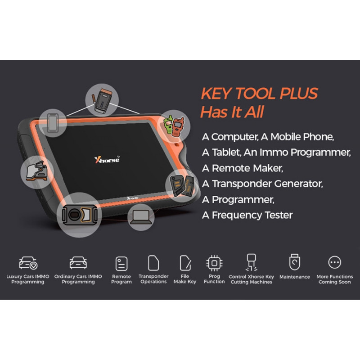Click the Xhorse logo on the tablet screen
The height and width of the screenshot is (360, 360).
107,159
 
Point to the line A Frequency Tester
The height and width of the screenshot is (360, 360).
247,215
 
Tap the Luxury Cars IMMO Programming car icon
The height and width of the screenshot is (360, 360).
28,263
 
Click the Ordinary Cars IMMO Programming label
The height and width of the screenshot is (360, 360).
78,279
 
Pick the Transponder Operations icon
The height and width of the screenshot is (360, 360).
153,263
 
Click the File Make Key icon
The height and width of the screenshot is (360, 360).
185,263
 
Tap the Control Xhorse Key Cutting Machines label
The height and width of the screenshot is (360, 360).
251,279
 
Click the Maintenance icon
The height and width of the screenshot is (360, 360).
294,262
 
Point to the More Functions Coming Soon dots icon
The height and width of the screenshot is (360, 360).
335,262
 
